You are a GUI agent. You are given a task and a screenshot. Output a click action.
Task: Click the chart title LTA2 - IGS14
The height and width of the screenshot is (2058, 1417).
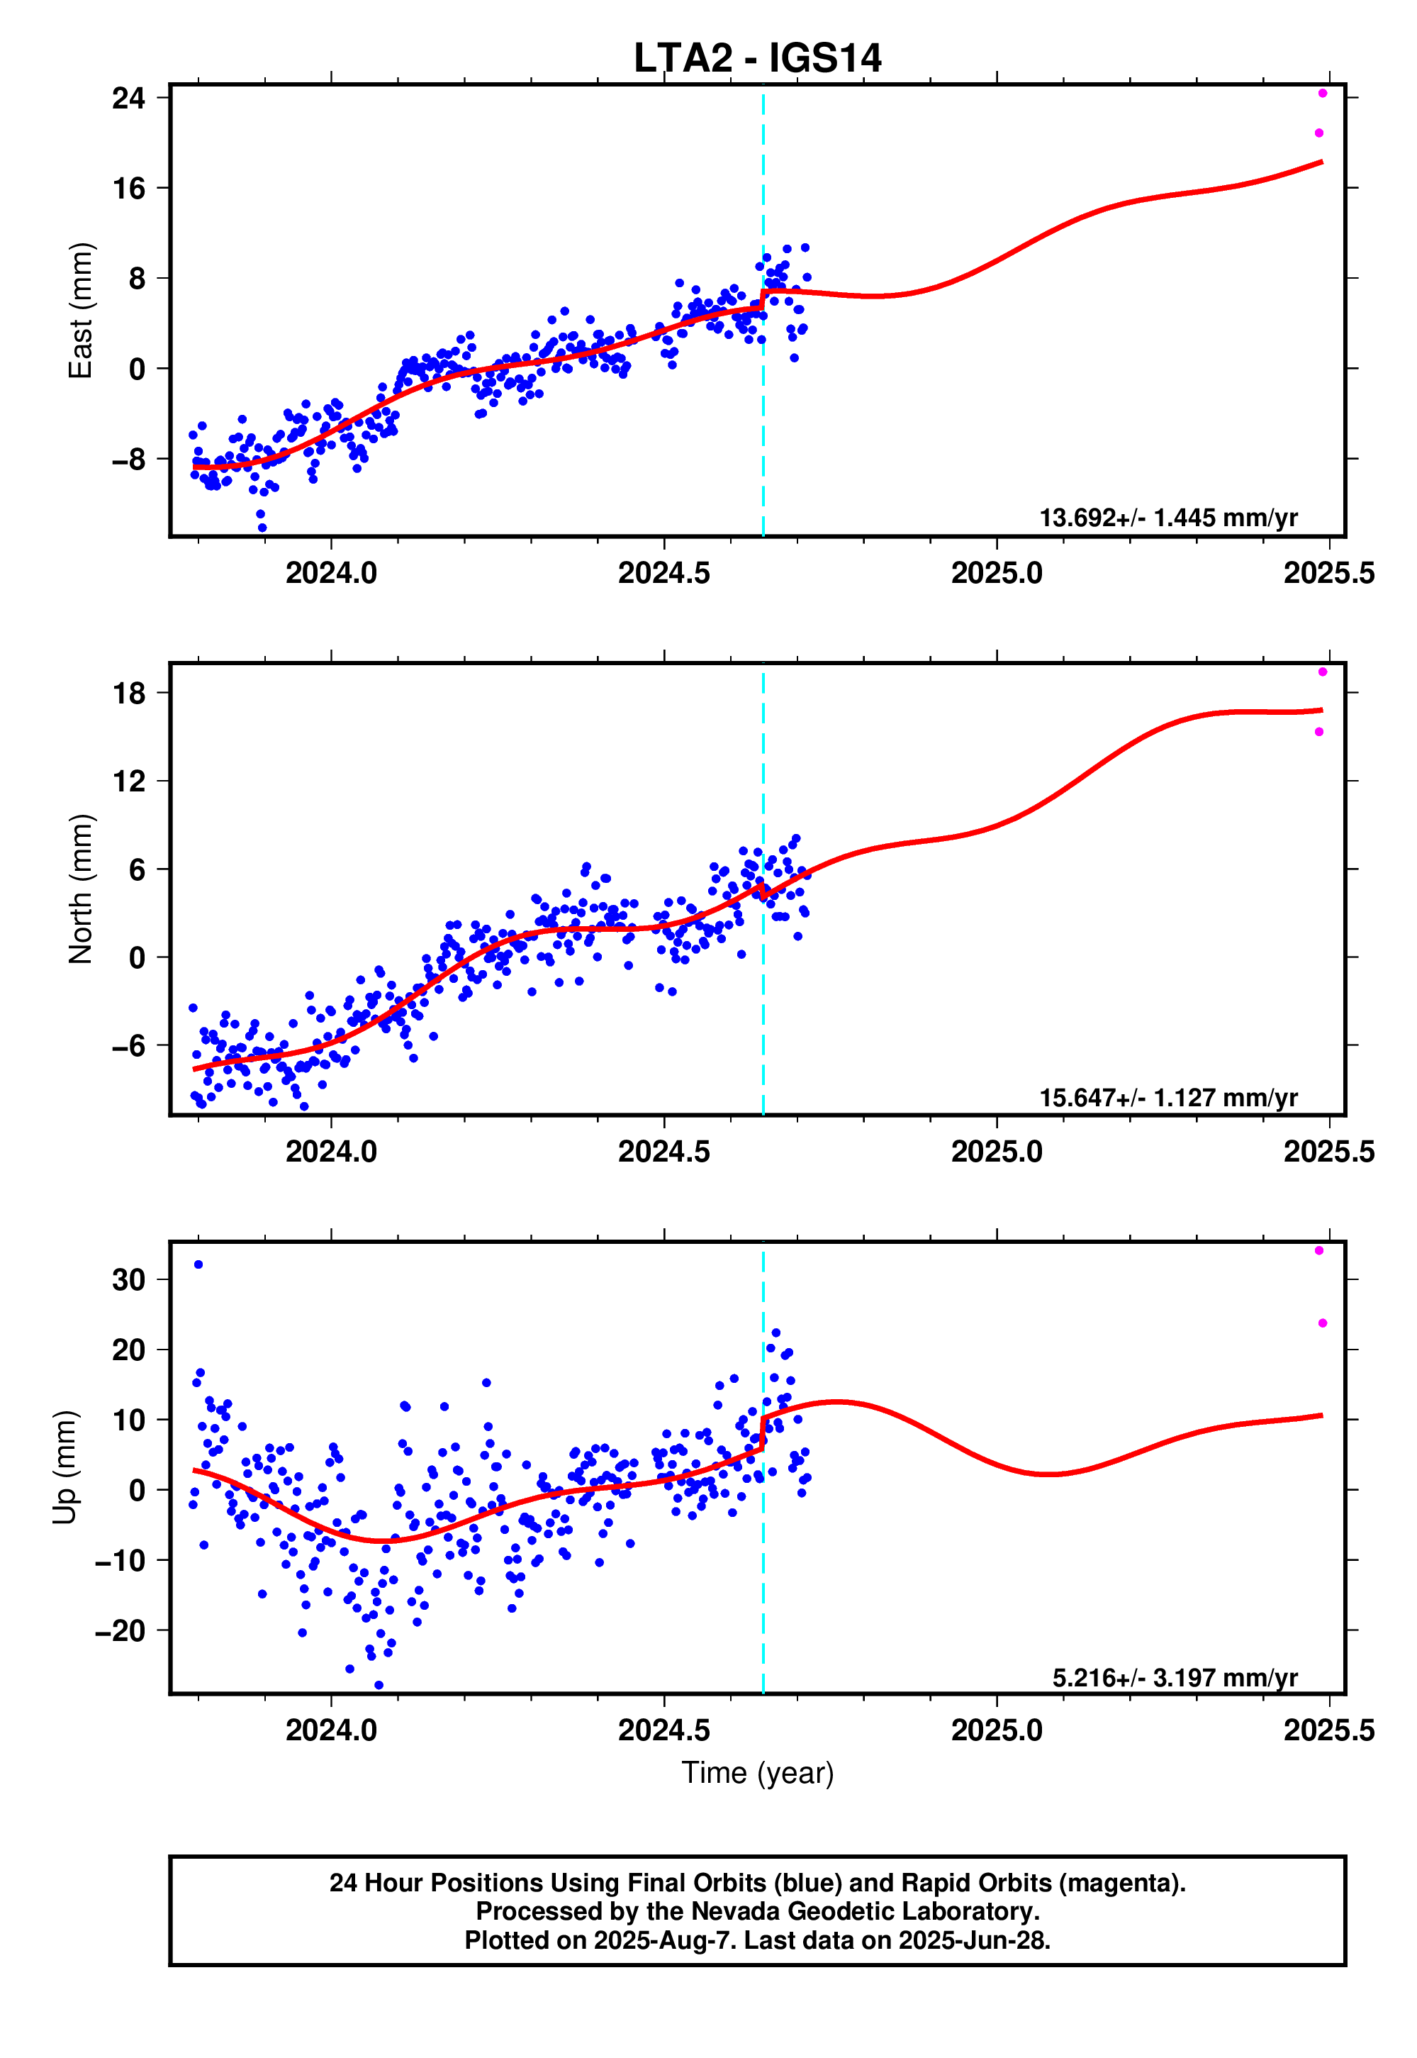tap(756, 59)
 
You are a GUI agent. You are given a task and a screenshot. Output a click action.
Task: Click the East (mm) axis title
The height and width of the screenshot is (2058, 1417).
tap(80, 310)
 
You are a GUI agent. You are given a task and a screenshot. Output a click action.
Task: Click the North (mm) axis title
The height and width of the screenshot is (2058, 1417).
tap(80, 888)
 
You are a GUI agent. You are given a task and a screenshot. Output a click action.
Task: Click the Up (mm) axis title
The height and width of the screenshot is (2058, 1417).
tap(64, 1467)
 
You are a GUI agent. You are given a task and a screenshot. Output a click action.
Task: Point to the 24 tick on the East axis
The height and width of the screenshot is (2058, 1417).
tap(129, 98)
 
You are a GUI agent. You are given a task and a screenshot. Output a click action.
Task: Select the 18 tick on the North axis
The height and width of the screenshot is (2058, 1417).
tap(129, 694)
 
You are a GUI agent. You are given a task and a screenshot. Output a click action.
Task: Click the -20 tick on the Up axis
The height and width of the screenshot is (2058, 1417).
tap(120, 1631)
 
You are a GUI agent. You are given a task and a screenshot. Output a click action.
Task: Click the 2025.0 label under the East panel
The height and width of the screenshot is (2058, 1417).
tap(996, 573)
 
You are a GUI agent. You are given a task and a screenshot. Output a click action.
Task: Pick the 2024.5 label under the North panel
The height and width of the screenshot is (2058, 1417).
tap(663, 1151)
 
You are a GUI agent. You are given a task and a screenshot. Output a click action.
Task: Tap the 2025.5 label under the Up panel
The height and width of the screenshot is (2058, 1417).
tap(1328, 1730)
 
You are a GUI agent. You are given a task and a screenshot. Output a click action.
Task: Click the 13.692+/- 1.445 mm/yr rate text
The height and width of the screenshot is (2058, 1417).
tap(1167, 518)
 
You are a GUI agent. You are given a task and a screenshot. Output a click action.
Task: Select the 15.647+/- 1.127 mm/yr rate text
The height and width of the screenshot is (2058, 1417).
tap(1167, 1098)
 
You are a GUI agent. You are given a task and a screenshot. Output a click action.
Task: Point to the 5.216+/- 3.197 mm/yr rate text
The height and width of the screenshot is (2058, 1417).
tap(1174, 1678)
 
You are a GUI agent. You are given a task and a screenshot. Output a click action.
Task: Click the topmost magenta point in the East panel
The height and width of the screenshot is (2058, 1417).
tap(1322, 94)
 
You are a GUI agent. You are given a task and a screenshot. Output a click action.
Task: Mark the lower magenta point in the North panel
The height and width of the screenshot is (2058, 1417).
tap(1318, 732)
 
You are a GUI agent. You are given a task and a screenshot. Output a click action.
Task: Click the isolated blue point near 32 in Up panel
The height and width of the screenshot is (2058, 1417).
tap(198, 1264)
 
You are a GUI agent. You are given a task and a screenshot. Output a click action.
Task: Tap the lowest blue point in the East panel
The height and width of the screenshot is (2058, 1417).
tap(262, 528)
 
